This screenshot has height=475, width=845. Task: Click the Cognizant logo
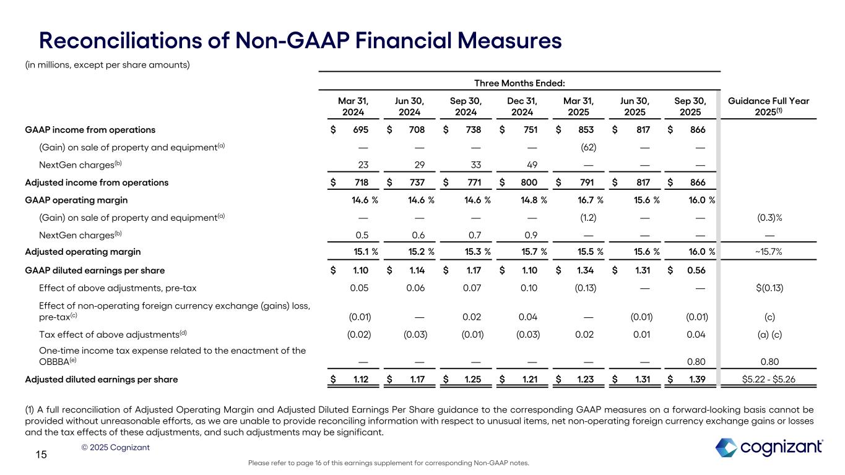[769, 447]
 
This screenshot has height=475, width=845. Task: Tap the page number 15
[41, 455]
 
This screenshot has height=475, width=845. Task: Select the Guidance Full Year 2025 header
[769, 106]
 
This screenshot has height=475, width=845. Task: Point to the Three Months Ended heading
[519, 83]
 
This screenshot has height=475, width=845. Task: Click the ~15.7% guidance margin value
[769, 252]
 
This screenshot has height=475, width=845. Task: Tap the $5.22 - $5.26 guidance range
[769, 380]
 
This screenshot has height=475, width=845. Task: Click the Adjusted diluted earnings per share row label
[101, 380]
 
